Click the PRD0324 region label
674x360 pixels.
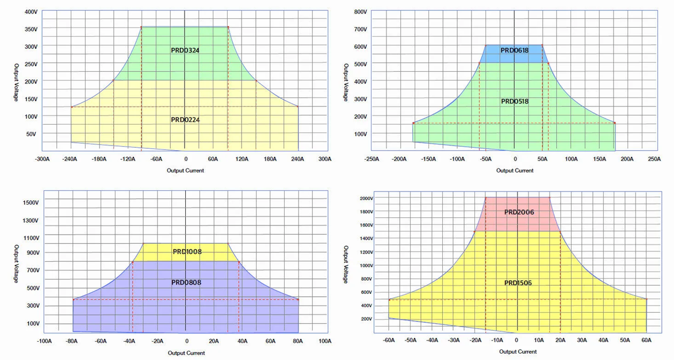coord(185,50)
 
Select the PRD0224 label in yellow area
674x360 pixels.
coord(185,120)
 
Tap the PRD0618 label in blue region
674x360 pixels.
coord(514,50)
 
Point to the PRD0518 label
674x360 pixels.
coord(515,101)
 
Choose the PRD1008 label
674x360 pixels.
coord(187,251)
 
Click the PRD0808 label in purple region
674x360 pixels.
coord(186,282)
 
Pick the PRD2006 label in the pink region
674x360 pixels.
coord(519,212)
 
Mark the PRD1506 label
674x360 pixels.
coord(519,282)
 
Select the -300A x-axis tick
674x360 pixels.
coord(42,159)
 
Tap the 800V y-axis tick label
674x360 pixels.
coord(360,12)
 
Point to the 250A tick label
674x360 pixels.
coord(654,159)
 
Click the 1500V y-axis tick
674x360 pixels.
coord(30,202)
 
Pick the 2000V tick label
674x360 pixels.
coord(367,198)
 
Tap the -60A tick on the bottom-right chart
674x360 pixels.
coord(389,340)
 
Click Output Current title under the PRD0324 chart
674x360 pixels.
coord(185,170)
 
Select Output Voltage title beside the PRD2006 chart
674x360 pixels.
coord(346,265)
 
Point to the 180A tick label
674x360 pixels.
coord(269,159)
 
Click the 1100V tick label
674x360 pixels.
coord(30,238)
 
